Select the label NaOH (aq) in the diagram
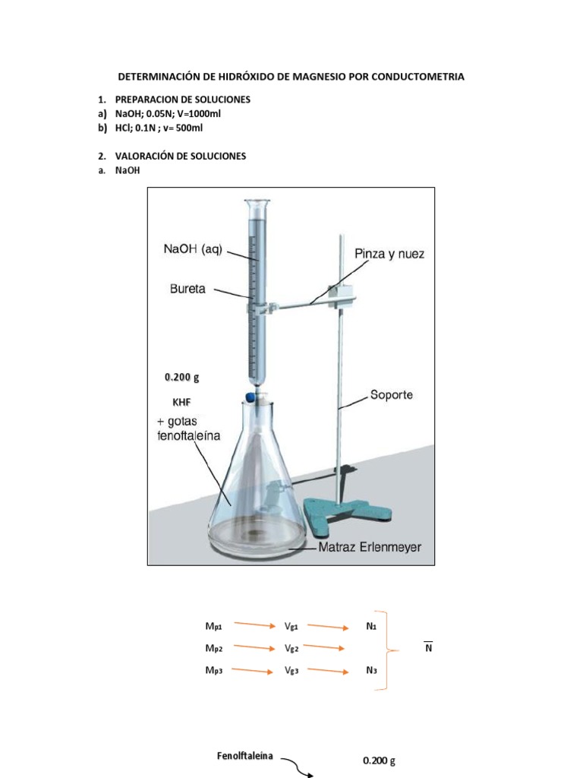(192, 249)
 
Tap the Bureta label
(188, 289)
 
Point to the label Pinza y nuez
(389, 254)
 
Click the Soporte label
(391, 395)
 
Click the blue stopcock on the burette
(251, 395)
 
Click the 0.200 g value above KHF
(181, 376)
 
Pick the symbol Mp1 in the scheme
(213, 626)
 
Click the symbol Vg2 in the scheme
(291, 649)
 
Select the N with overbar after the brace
(428, 648)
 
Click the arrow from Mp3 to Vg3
(253, 670)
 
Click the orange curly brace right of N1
(392, 650)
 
